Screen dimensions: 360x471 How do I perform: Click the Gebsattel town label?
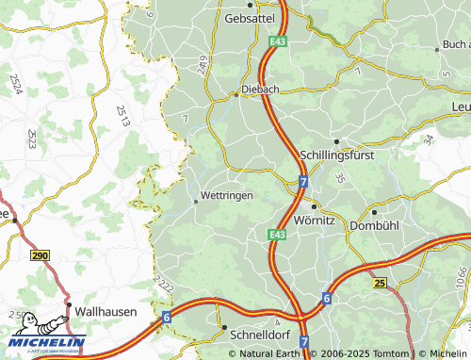click(247, 18)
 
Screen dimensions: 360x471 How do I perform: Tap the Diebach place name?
click(261, 90)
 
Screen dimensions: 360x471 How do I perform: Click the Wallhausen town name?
click(106, 310)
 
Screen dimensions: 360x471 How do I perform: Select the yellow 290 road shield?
click(39, 255)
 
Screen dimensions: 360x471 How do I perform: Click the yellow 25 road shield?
click(380, 282)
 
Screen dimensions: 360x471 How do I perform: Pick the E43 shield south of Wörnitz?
click(276, 234)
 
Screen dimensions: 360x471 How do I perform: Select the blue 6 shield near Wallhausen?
click(167, 319)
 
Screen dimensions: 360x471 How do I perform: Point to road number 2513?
click(123, 116)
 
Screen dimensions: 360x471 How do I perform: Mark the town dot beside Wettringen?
click(196, 201)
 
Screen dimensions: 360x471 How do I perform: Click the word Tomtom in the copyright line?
click(389, 353)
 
